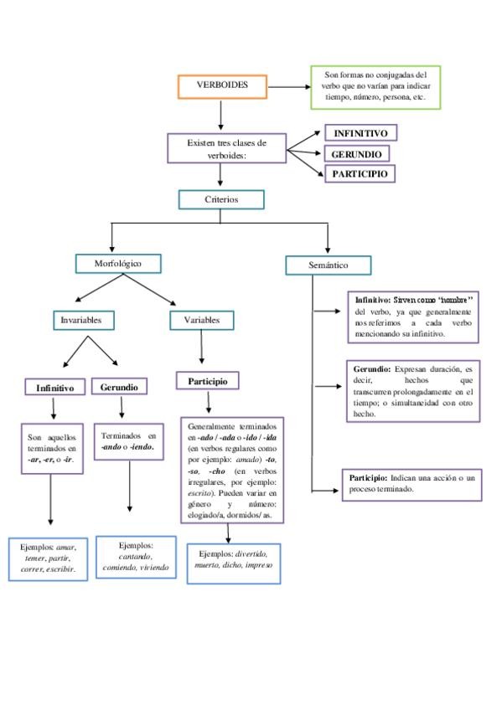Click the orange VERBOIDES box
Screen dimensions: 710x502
222,86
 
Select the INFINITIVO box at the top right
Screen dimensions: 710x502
360,133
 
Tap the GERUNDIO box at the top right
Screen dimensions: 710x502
357,155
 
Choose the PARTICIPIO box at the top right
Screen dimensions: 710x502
360,174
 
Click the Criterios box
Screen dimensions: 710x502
221,199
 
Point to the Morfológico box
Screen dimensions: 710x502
117,264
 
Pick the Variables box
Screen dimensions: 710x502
201,320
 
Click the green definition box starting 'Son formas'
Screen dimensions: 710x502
375,87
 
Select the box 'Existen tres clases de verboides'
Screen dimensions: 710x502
226,148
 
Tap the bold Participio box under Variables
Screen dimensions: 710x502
207,381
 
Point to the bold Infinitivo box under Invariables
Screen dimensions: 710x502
55,388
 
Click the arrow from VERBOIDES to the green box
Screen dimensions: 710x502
290,86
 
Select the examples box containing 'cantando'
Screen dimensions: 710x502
136,557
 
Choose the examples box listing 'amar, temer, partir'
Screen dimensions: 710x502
48,558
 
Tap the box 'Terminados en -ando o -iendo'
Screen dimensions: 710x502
128,442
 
